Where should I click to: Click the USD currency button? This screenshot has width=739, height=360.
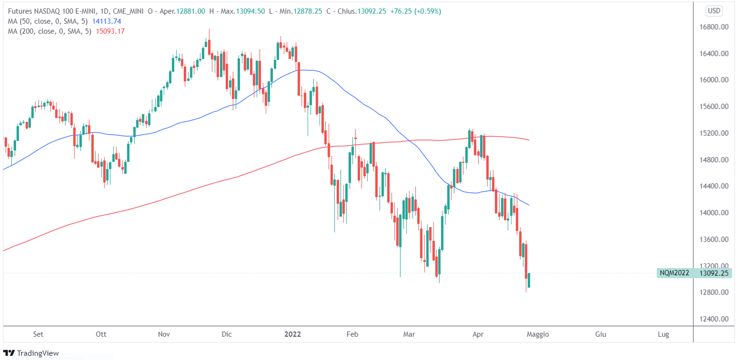coord(714,11)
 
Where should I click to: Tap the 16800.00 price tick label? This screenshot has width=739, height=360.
coord(714,27)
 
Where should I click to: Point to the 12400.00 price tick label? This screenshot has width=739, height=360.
coord(714,319)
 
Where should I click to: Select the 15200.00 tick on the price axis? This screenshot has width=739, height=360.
coord(714,133)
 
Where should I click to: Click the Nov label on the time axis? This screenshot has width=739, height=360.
coord(164,334)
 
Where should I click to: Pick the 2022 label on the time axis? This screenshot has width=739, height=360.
coord(292,334)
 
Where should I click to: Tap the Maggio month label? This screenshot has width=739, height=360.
coord(537,334)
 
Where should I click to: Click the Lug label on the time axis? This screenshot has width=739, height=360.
coord(663,334)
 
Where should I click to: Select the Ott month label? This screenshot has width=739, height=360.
coord(101,334)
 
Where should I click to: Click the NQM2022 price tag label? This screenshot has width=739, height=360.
coord(674,273)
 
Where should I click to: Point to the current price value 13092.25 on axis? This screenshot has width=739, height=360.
coord(714,273)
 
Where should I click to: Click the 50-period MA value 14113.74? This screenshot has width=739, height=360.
coord(107,21)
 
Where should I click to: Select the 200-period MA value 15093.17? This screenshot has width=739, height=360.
coord(110,31)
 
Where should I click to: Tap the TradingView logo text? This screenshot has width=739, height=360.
coord(38,353)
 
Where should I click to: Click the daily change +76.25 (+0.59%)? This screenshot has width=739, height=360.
coord(416,11)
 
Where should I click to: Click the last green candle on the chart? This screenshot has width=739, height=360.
coord(529,280)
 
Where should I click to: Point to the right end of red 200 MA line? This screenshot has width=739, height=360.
coord(528,140)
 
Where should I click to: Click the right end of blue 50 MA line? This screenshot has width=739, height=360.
coord(528,205)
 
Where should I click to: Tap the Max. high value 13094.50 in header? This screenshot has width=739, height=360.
coord(250,11)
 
